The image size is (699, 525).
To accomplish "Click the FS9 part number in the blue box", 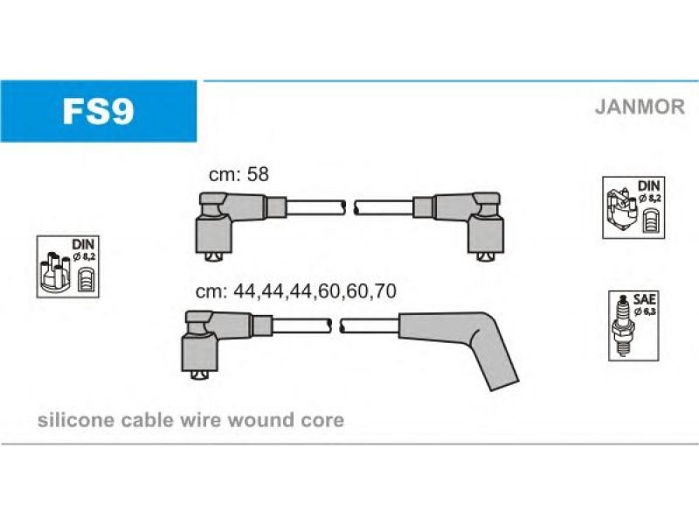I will [98, 111].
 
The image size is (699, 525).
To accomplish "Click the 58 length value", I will [257, 175].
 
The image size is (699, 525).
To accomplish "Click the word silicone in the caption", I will [68, 420].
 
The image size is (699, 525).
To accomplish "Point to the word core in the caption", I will [324, 420].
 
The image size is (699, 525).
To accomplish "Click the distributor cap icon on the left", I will [57, 272].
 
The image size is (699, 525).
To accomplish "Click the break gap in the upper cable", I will [347, 207].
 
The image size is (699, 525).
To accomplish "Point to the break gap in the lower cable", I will [333, 326].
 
